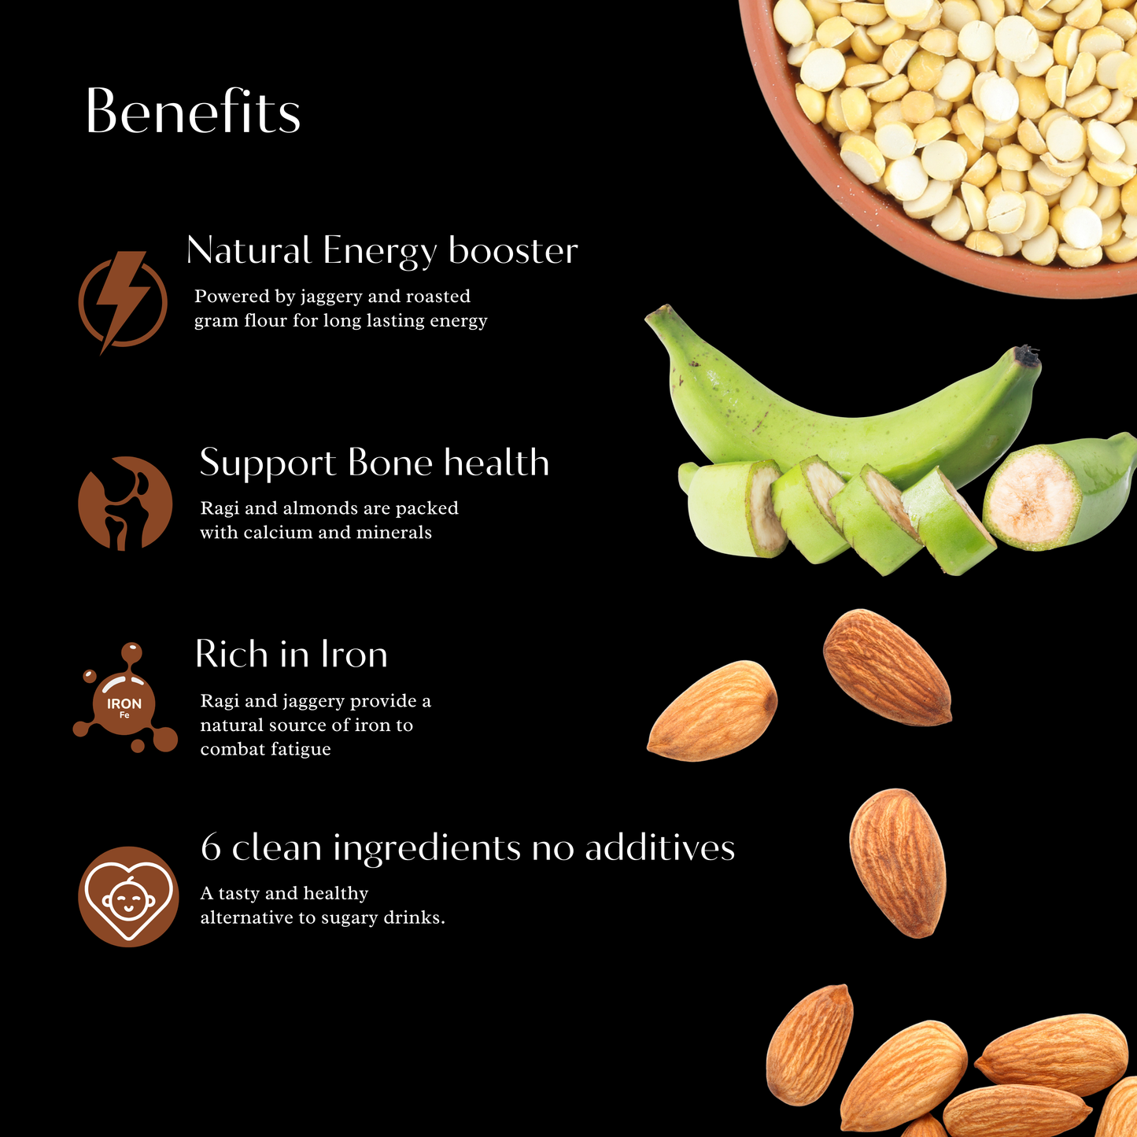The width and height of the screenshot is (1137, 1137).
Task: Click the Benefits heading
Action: pos(193,111)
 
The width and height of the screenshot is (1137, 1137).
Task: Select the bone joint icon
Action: pos(125,504)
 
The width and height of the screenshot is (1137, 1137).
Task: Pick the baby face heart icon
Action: pos(128,896)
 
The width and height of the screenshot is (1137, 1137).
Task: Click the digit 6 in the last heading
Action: pos(211,847)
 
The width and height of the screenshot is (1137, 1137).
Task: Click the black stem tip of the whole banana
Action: pos(1027,354)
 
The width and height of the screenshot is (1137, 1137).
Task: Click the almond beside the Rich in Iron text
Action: pos(712,711)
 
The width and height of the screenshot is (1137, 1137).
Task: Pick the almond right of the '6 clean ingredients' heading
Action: pos(898,862)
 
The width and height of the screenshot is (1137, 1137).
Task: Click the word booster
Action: pos(513,250)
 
